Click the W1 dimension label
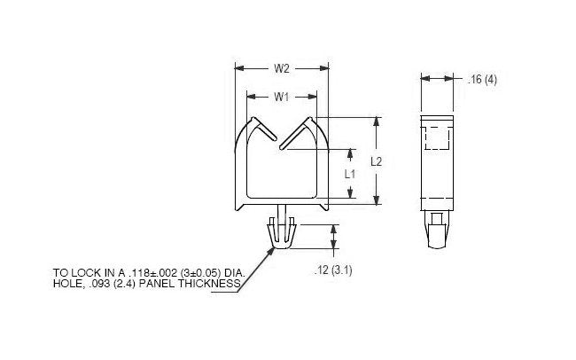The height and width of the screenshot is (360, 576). [280, 96]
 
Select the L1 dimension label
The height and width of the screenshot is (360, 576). [349, 174]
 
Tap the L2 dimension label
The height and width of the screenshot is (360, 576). [376, 161]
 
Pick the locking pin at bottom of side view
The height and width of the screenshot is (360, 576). [434, 231]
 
